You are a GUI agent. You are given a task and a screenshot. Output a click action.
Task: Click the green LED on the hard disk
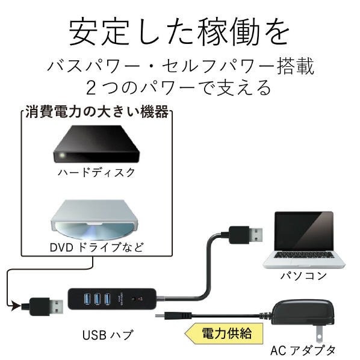[62, 155]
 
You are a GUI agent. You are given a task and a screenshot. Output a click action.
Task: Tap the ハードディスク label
[97, 173]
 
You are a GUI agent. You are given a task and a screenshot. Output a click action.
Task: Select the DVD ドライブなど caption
[97, 247]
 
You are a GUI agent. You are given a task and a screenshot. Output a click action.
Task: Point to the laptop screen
[304, 231]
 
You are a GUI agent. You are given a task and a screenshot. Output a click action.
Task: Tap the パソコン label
[303, 276]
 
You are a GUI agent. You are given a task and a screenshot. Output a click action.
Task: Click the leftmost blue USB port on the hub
[87, 299]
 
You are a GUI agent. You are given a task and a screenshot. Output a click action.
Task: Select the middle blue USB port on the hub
[98, 299]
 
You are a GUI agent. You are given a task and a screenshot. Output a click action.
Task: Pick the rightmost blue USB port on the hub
[107, 299]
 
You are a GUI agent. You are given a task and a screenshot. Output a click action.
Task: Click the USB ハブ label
[107, 335]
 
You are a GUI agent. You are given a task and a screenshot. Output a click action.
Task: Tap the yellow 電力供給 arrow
[223, 334]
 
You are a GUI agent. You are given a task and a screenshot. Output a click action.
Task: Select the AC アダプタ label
[303, 350]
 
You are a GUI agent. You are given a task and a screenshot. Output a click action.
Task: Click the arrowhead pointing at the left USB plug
[16, 306]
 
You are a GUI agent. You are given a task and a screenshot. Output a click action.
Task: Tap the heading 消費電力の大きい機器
[97, 112]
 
